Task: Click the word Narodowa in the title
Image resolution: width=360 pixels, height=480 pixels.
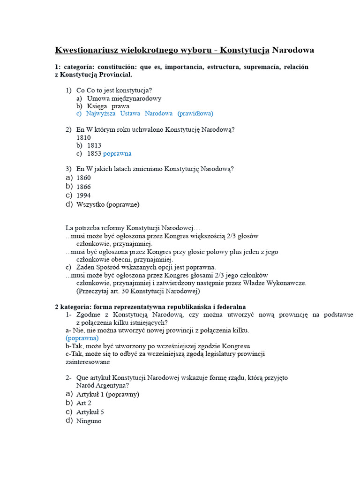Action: [293, 50]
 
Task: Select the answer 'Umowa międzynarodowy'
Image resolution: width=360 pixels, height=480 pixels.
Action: [124, 98]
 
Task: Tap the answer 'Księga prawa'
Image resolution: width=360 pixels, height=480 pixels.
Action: [108, 106]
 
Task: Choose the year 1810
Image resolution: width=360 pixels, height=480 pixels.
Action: [83, 138]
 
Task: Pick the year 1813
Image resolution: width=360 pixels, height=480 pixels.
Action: [94, 145]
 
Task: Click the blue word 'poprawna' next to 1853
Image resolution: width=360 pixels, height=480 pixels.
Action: [117, 154]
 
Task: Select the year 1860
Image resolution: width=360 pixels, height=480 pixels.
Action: [83, 178]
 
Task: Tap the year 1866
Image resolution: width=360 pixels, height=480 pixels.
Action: [83, 187]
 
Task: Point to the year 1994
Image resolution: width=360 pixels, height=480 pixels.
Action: [83, 195]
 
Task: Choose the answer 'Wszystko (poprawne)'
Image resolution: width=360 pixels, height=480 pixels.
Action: [107, 204]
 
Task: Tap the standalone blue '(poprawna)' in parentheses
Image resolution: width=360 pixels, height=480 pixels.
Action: [82, 338]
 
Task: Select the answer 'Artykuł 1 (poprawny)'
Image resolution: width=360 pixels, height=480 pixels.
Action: [107, 394]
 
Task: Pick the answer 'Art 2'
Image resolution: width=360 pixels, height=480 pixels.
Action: [83, 403]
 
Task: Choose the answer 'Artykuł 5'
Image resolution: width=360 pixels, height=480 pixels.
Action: [90, 412]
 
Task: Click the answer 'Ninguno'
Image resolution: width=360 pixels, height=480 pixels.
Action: [89, 421]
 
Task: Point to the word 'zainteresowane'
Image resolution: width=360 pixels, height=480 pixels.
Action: [88, 362]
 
